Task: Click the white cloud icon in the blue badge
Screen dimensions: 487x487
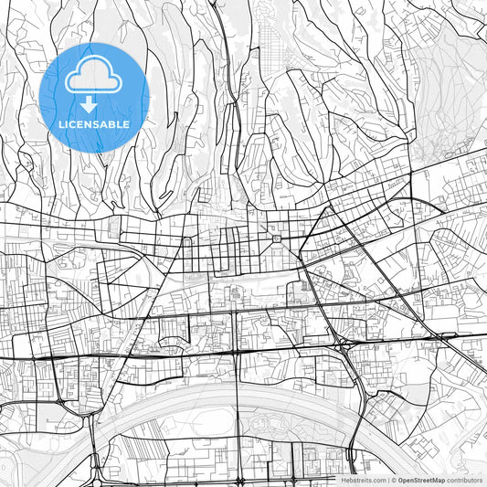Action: click(94, 80)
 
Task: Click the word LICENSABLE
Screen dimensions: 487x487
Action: click(94, 124)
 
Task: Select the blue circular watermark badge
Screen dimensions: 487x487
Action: click(94, 97)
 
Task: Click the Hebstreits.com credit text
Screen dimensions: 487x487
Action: click(364, 480)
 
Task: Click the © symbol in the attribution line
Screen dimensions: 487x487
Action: click(392, 480)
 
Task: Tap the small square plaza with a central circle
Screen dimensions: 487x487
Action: click(275, 239)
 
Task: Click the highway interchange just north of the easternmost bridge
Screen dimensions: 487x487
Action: click(344, 344)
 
